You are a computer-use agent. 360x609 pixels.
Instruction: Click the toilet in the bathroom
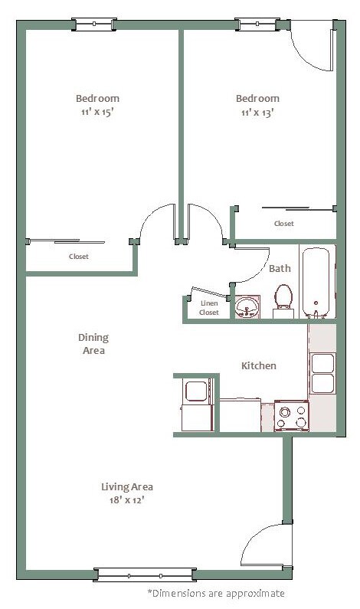point(283,301)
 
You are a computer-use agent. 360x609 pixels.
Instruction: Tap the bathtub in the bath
point(316,283)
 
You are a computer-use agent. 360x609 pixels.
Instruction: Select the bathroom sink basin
point(247,307)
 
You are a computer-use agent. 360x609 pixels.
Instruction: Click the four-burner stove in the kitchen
point(291,416)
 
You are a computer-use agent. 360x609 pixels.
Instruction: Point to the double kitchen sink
point(322,373)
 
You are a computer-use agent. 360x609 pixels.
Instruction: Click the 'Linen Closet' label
point(209,308)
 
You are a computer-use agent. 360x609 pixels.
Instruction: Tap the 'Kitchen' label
point(259,365)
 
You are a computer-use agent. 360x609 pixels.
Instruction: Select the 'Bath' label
point(280,268)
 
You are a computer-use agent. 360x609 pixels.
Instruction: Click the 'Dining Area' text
point(93,344)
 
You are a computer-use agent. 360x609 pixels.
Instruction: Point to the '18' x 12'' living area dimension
point(126,500)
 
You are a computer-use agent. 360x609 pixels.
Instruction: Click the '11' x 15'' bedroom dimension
point(97,113)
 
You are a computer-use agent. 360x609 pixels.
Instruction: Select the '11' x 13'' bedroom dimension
point(257,113)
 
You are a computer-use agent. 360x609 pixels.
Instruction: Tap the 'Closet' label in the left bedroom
point(78,257)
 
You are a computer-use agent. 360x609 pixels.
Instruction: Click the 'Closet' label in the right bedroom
point(284,224)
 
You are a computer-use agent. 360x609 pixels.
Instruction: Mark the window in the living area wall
point(145,575)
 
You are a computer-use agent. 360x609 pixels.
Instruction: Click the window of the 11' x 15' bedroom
point(94,25)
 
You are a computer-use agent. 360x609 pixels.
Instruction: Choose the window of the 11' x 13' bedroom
point(257,25)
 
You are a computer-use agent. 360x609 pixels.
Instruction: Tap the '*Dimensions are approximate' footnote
point(216,594)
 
